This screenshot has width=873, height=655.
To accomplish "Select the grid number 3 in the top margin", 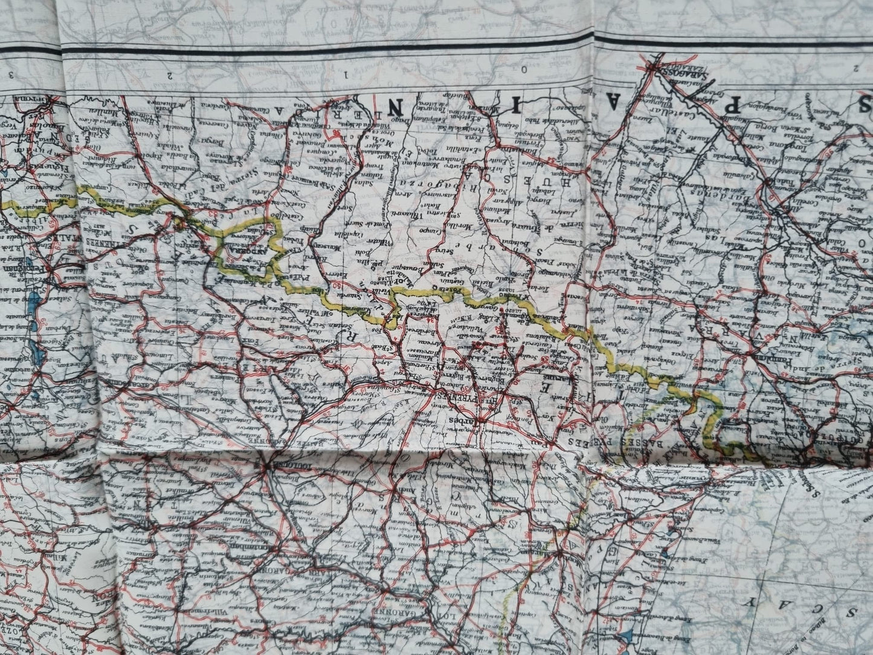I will click(x=10, y=74).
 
